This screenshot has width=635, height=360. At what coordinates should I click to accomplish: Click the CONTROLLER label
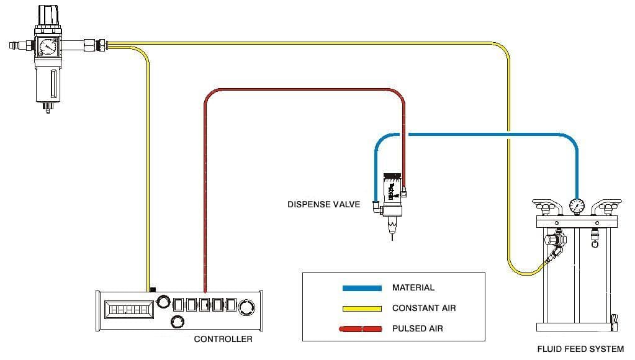tap(223, 339)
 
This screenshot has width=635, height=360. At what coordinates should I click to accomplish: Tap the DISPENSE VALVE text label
tap(323, 204)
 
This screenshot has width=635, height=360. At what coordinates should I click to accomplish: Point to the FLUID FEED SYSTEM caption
tap(580, 349)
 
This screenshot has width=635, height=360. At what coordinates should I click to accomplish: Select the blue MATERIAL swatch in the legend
tap(362, 288)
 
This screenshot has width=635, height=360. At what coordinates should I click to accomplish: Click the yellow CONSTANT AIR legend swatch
tap(362, 308)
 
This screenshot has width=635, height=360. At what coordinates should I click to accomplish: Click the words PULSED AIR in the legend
tap(417, 328)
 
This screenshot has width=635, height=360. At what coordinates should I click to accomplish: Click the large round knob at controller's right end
tap(247, 307)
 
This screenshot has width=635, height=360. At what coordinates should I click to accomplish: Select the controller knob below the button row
tap(177, 322)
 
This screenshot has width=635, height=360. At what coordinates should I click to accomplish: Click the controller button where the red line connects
tap(204, 305)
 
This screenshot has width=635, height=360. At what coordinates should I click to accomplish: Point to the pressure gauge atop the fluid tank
tap(576, 205)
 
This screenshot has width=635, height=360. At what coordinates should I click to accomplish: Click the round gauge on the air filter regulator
tap(47, 47)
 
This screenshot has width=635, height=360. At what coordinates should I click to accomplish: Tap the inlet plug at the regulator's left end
tap(14, 45)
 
